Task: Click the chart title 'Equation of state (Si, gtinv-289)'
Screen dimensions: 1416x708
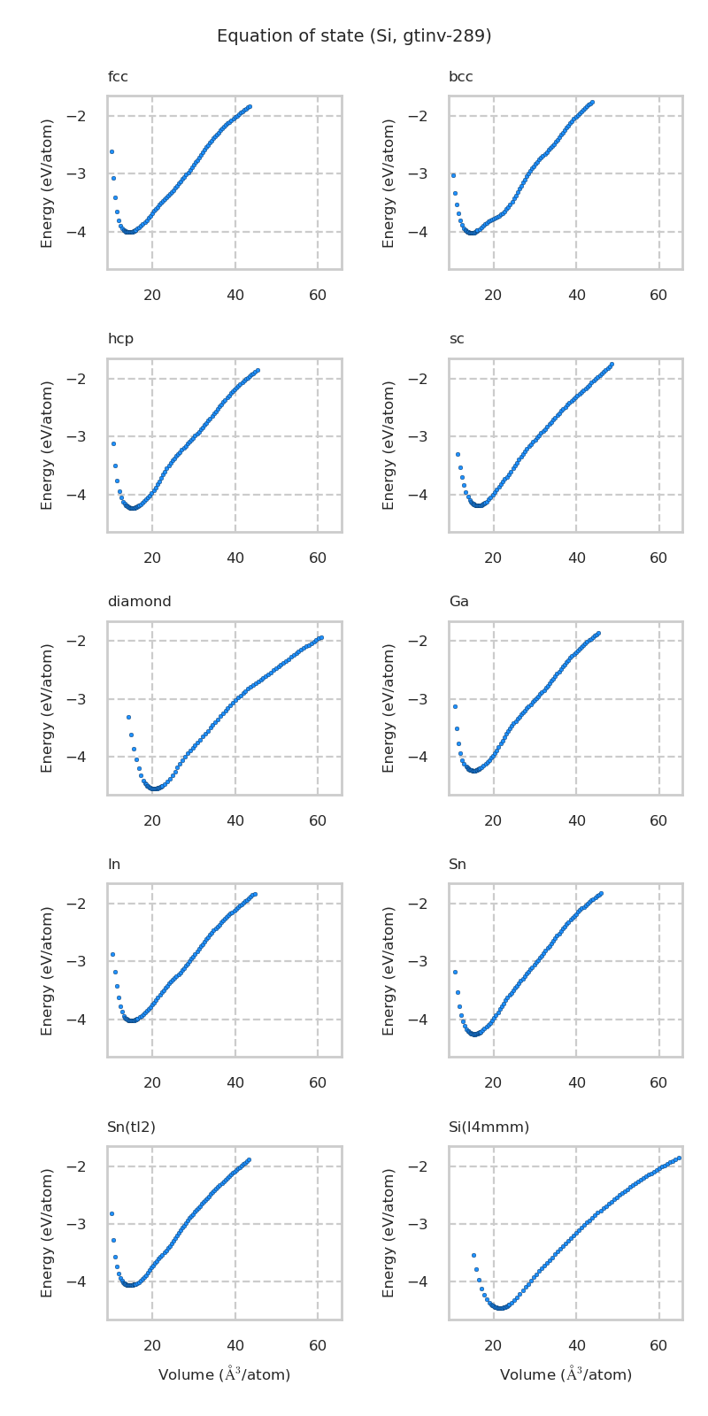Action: coord(354,36)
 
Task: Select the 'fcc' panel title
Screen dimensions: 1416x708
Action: coord(118,77)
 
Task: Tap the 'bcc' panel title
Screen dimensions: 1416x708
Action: coord(460,77)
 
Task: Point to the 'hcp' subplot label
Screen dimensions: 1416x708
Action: coord(120,339)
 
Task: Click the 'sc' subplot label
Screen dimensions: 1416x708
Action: coord(457,339)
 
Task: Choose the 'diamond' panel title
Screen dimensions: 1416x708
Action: coord(139,602)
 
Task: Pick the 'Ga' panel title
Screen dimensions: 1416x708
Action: coord(458,602)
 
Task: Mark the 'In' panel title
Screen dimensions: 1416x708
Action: coord(114,865)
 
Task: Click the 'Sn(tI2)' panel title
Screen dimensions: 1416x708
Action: coord(131,1127)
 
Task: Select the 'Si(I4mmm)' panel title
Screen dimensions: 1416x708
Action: coord(489,1127)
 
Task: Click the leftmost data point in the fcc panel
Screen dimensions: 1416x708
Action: coord(112,151)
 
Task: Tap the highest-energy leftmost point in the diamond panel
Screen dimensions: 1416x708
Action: coord(128,717)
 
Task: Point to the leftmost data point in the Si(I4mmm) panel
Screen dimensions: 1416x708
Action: coord(473,1255)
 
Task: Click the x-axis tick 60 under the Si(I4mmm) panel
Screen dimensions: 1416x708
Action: coord(658,1346)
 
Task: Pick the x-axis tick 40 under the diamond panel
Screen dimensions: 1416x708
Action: coord(235,821)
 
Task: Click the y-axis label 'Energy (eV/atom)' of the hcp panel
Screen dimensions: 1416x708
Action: coord(48,445)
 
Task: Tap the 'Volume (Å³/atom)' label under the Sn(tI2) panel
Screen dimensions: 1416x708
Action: coord(224,1375)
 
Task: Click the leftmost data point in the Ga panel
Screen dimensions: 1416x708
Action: coord(455,706)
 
